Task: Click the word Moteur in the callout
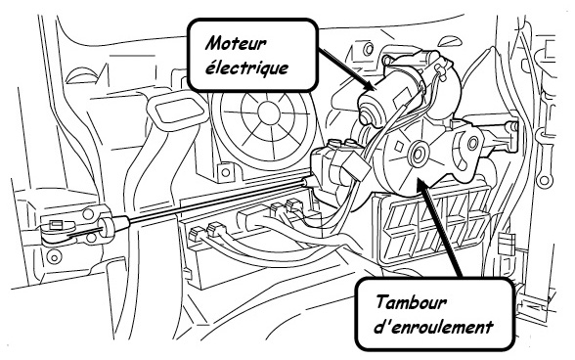tap(236, 44)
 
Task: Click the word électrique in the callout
tap(246, 67)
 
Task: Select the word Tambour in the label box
tap(412, 303)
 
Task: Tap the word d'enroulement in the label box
tap(433, 327)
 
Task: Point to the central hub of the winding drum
tap(418, 154)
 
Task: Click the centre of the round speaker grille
tap(269, 111)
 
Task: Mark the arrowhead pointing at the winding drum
tap(422, 183)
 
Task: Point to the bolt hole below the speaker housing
tap(226, 172)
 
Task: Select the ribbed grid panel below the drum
tap(435, 227)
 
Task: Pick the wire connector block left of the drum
tap(357, 164)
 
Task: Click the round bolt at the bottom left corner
tap(54, 257)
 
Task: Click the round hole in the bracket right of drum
tap(473, 143)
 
